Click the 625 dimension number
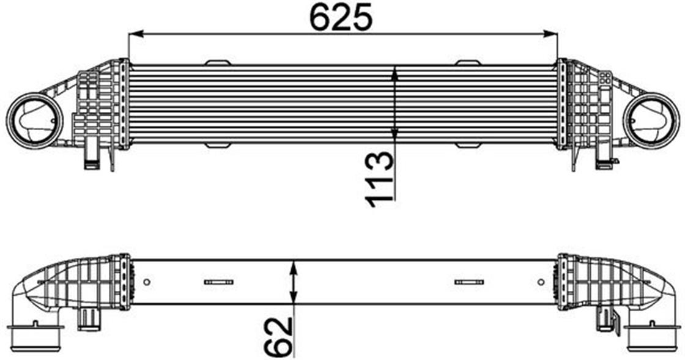(341, 18)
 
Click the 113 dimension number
(379, 179)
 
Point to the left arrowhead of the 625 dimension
(136, 34)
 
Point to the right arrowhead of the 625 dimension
(551, 34)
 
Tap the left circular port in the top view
(34, 120)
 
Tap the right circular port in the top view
(651, 120)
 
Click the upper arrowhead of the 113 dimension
(395, 73)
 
